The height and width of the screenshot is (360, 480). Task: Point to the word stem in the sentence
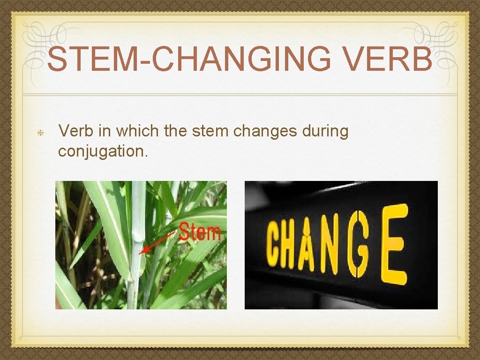[x=210, y=132]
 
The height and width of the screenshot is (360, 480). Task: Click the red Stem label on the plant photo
[x=200, y=232]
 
